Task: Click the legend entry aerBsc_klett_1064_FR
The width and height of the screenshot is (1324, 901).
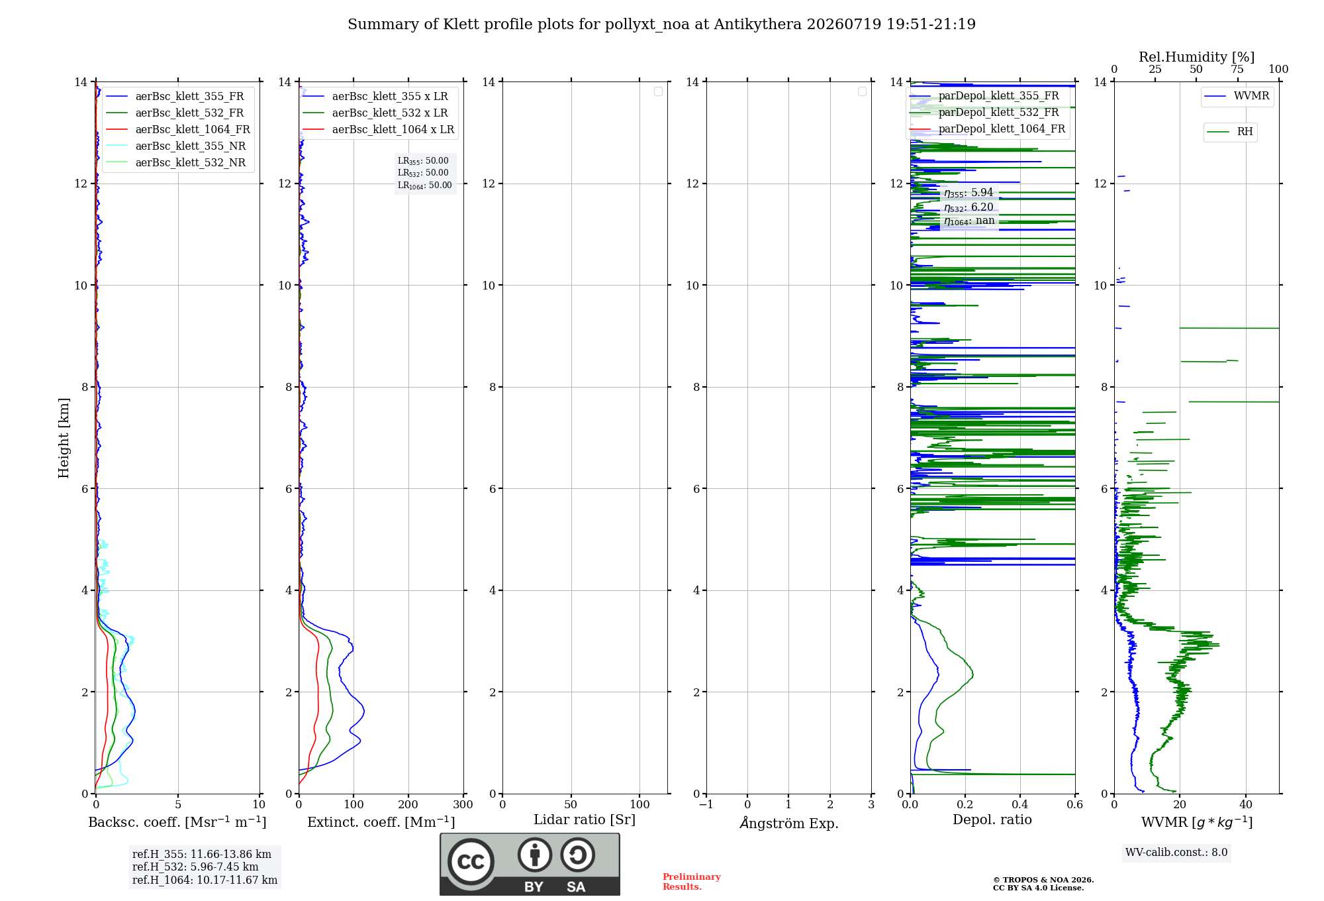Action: tap(177, 130)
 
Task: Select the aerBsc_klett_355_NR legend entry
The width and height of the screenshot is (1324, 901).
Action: tap(175, 146)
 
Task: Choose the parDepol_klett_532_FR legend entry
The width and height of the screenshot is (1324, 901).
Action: tap(986, 113)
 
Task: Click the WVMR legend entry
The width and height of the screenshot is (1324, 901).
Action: tap(1237, 96)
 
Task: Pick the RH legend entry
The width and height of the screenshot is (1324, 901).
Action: tap(1231, 132)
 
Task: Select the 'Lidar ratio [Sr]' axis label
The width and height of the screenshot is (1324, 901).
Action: tap(585, 820)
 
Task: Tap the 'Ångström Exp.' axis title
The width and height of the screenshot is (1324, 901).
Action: tap(789, 822)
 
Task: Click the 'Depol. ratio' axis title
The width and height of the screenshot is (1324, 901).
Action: tap(992, 820)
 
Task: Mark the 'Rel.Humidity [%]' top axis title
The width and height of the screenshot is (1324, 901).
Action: tap(1197, 57)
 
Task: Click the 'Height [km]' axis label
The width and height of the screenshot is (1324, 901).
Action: tap(64, 438)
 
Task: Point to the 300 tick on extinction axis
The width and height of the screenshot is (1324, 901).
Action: tap(463, 804)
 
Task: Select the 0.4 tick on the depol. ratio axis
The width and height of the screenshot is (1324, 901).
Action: tap(1020, 804)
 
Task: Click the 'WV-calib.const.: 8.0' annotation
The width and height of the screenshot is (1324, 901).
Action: tap(1176, 853)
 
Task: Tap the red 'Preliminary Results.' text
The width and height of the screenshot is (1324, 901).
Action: tap(692, 882)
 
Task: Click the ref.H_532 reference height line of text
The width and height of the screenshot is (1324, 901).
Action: tap(195, 867)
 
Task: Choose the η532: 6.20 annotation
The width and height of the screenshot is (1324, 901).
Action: tap(969, 207)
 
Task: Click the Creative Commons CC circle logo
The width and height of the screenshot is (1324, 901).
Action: tap(471, 862)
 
